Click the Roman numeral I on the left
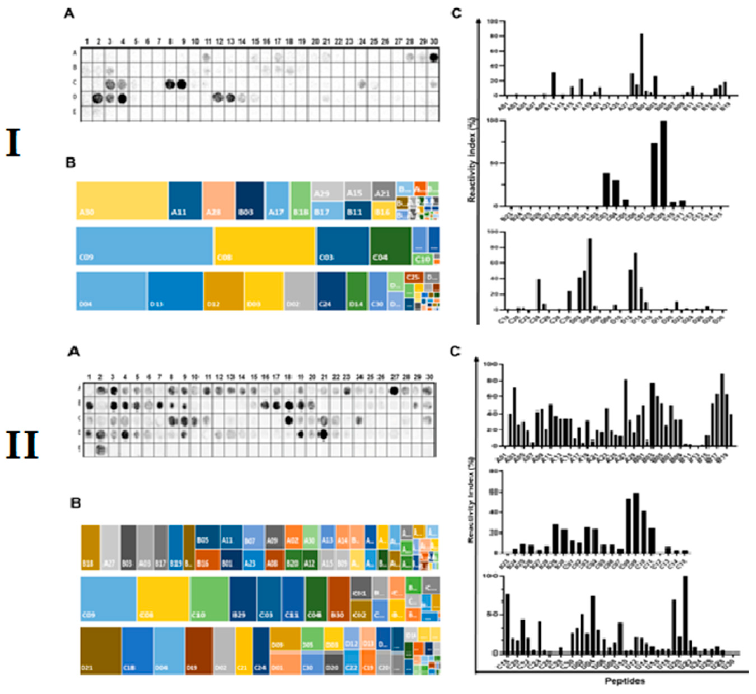[x=13, y=142]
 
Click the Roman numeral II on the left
[x=22, y=445]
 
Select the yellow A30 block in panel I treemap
[x=122, y=201]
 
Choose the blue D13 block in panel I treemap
[x=175, y=291]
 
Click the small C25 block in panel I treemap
[x=414, y=278]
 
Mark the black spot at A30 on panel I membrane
[x=434, y=57]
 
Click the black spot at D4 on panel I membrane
[x=122, y=99]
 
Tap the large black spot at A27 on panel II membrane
[x=394, y=391]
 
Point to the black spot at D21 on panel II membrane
[x=324, y=435]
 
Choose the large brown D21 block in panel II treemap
[x=101, y=651]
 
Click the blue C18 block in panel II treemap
[x=137, y=651]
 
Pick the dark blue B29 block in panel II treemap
[x=243, y=599]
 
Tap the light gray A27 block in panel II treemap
[x=110, y=547]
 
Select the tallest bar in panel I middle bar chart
[x=664, y=164]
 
